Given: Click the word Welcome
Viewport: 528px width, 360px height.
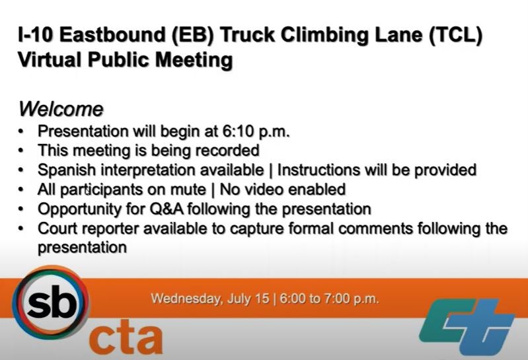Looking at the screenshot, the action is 61,110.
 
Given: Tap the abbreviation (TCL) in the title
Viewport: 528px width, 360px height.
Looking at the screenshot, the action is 455,35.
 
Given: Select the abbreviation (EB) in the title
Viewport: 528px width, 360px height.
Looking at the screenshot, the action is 192,35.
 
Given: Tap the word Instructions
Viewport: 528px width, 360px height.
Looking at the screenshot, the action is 319,170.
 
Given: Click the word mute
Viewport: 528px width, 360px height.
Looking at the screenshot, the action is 188,190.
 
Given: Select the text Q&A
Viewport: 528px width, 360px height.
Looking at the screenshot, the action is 167,209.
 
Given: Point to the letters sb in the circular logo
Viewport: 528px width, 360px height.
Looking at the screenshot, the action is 51,303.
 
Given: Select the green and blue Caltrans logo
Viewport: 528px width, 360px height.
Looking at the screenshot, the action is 467,326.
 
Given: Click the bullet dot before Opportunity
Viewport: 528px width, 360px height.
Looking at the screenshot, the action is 21,209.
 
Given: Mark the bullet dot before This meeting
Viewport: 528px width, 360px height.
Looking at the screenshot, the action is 21,151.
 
